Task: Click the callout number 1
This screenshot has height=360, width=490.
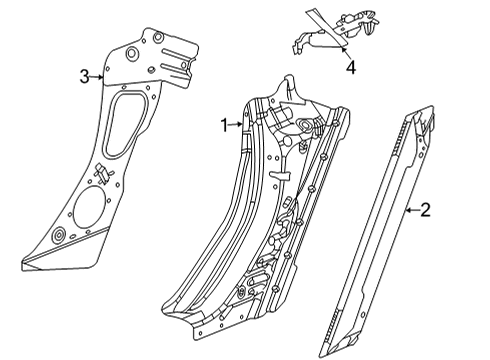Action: point(224,125)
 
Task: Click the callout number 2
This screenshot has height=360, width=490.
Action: point(425,209)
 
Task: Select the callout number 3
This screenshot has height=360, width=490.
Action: point(86,75)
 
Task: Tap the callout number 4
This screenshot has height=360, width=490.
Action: point(350,67)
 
